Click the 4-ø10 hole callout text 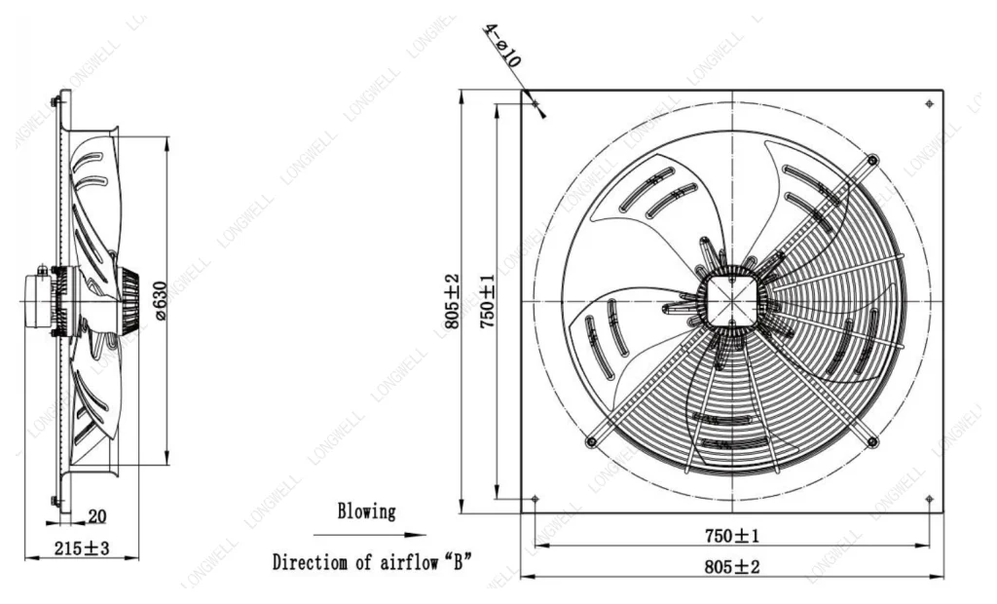(x=503, y=45)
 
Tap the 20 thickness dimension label (x=96, y=516)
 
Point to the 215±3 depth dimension (x=82, y=548)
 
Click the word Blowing (x=366, y=511)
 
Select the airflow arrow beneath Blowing (x=369, y=535)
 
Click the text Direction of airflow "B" (x=372, y=562)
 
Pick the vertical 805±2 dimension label (x=452, y=302)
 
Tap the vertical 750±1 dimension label (x=487, y=302)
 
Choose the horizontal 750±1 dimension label (x=732, y=536)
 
